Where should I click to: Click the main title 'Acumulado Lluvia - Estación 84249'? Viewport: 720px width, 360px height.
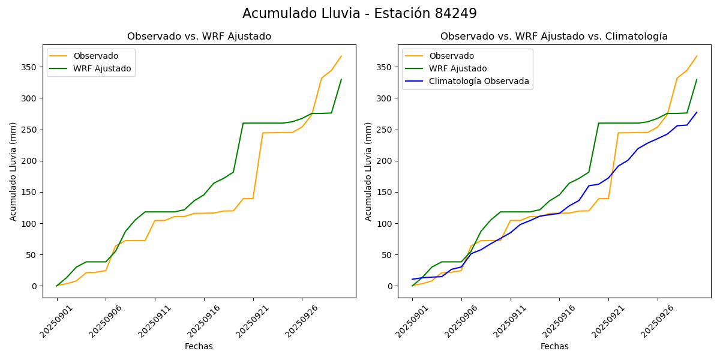[x=359, y=14]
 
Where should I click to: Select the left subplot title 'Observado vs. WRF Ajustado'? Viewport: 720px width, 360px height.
[x=199, y=37]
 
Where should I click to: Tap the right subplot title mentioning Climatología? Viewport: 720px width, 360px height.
[x=554, y=37]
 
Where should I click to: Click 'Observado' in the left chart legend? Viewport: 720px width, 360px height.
[x=95, y=56]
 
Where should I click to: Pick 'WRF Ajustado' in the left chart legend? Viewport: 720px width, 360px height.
[x=102, y=68]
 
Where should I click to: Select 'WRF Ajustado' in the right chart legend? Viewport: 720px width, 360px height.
[x=457, y=68]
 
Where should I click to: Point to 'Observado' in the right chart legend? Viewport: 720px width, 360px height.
[x=451, y=56]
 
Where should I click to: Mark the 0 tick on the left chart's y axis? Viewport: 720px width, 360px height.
[x=35, y=286]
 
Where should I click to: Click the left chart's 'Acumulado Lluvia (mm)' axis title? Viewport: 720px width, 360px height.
[x=13, y=171]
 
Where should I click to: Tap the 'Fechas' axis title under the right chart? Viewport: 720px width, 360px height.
[x=554, y=347]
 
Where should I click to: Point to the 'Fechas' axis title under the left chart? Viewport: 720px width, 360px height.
[x=199, y=347]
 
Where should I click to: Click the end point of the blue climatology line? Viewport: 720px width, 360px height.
[x=697, y=112]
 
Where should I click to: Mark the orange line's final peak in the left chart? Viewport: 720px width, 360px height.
[x=341, y=56]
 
